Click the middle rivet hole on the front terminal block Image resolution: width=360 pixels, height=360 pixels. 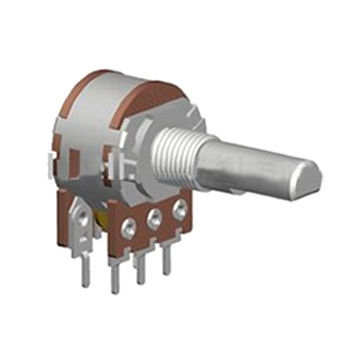156,215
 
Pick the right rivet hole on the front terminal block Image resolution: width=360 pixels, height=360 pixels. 180,209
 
